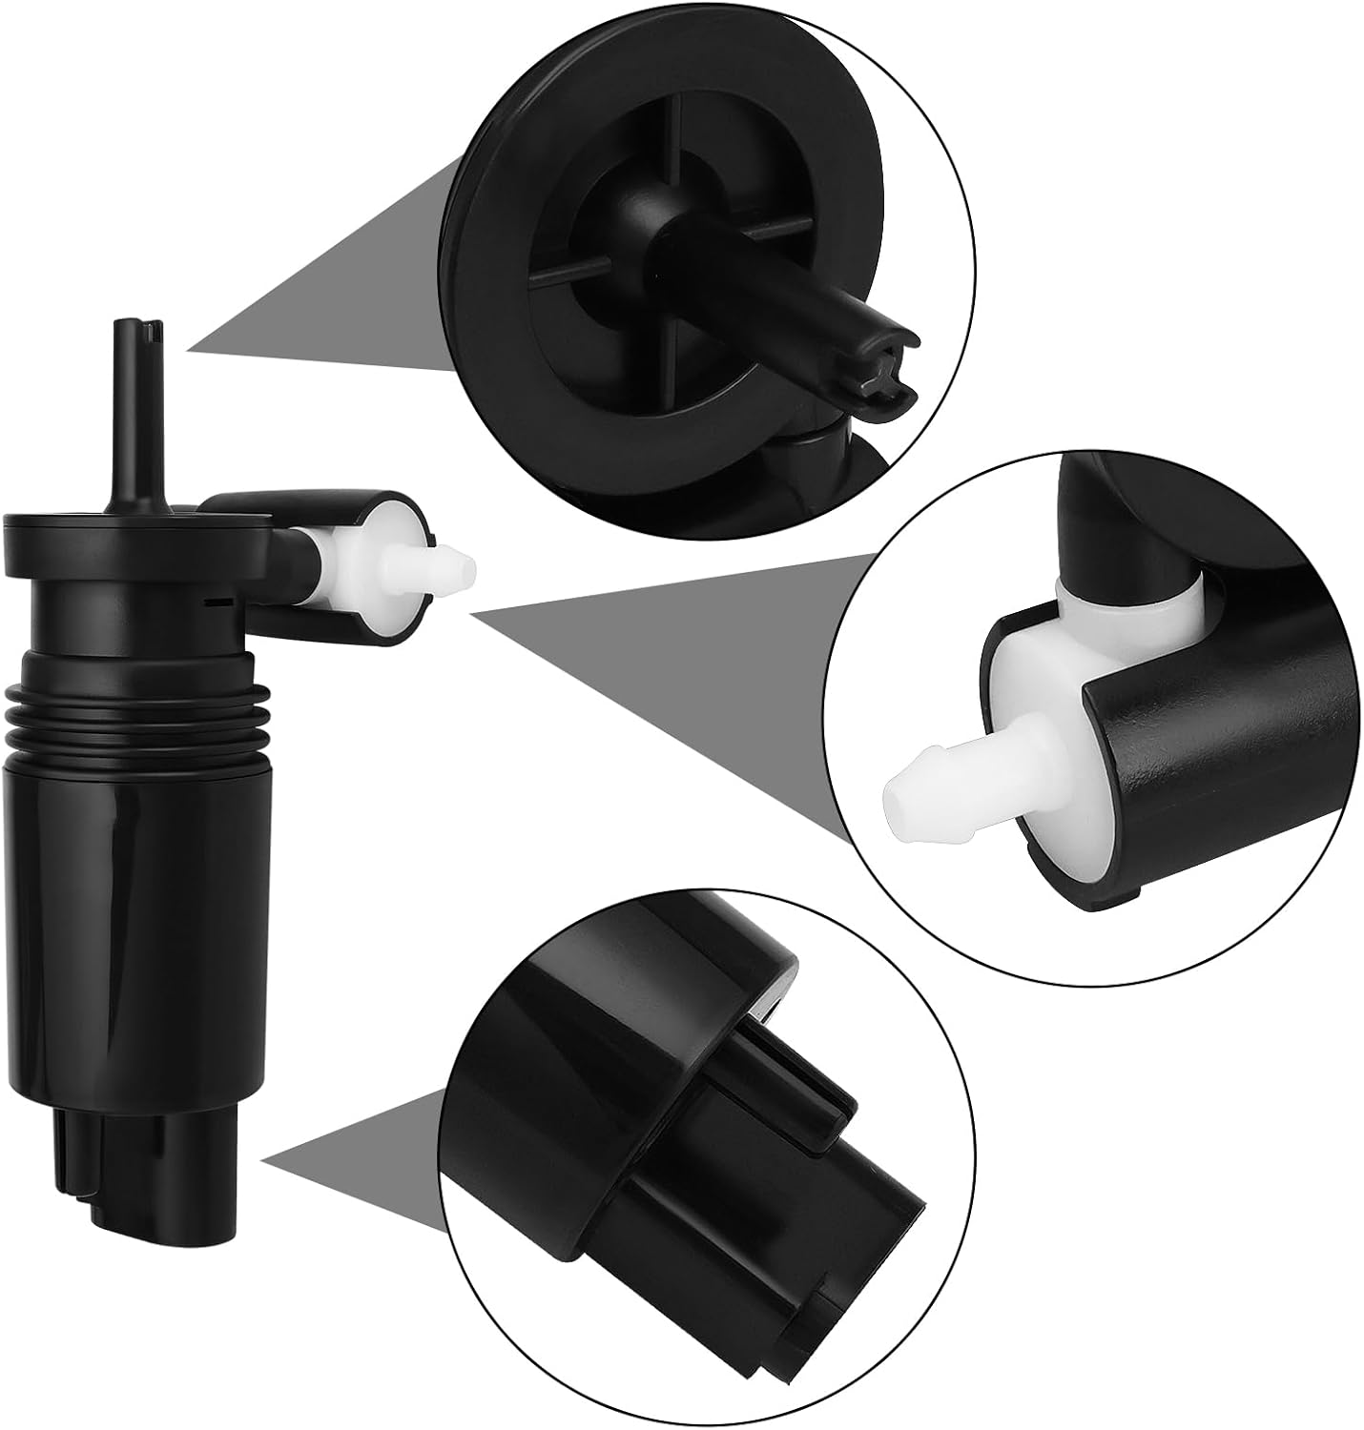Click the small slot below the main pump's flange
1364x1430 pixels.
tap(220, 602)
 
